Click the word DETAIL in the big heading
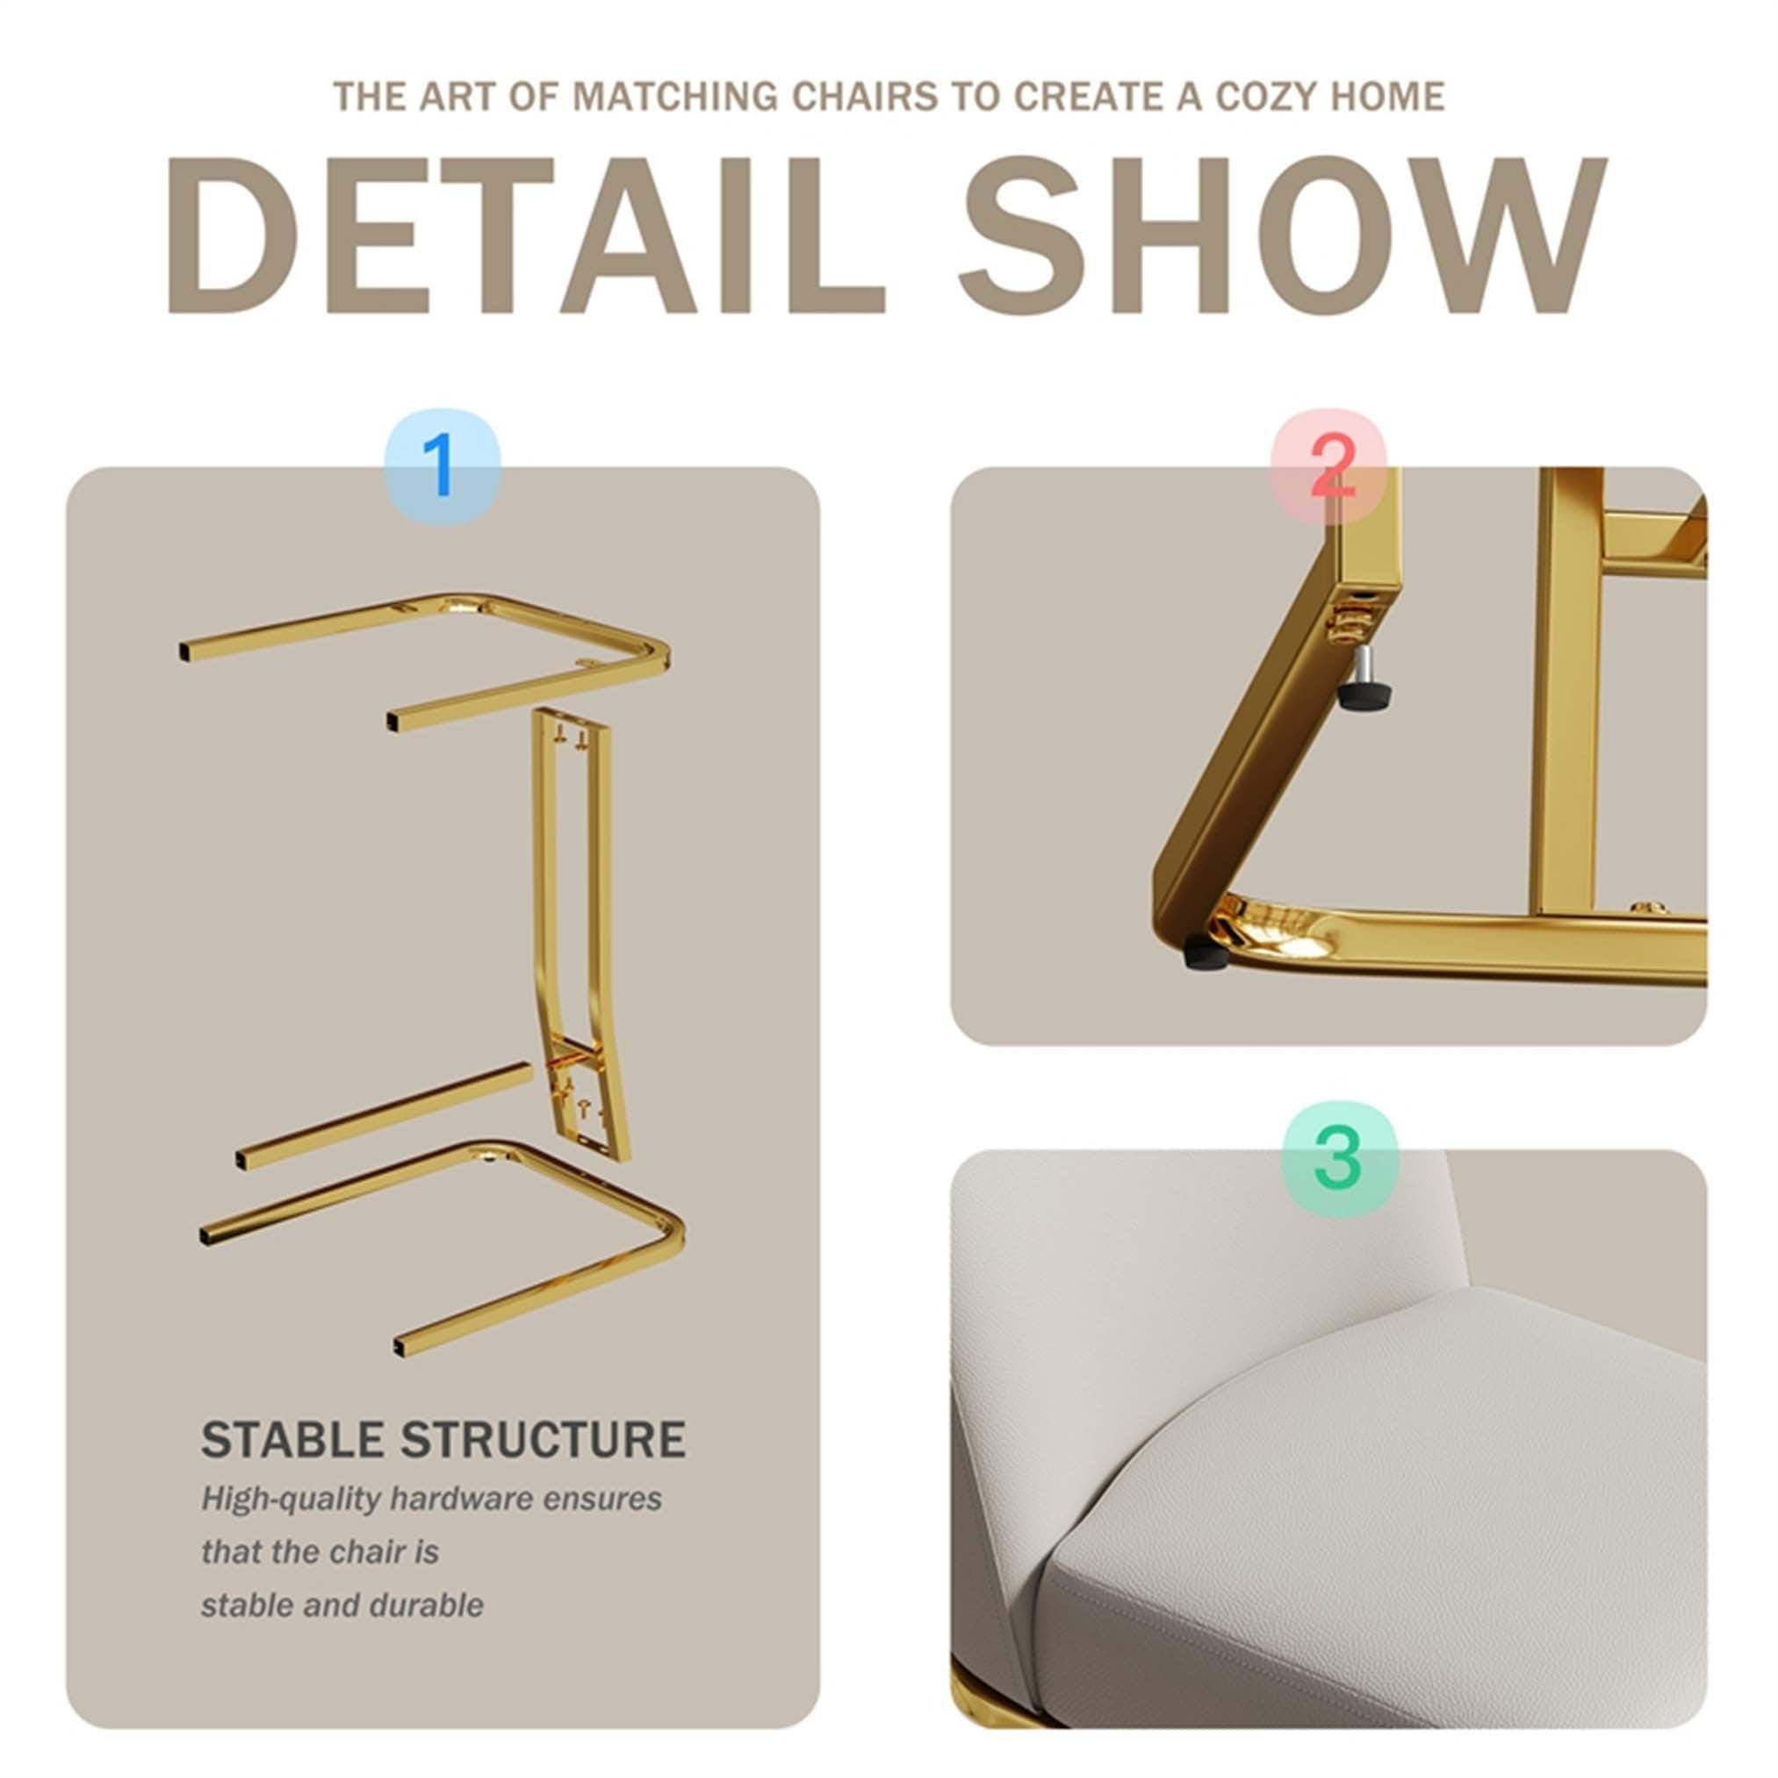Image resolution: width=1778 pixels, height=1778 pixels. pos(525,235)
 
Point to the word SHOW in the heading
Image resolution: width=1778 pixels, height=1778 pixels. pos(1282,235)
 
